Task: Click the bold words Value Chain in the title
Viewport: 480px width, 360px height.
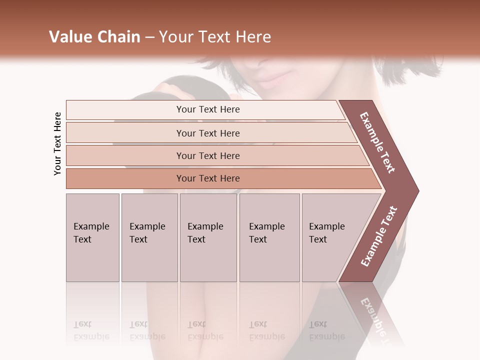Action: point(94,37)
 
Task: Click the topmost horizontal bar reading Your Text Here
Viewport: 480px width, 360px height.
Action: point(207,109)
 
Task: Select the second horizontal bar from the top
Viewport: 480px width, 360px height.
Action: point(207,133)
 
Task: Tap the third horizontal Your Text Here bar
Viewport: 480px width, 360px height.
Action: point(207,155)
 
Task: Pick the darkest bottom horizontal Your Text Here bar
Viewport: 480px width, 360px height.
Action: point(207,178)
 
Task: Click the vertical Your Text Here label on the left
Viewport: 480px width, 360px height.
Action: point(57,143)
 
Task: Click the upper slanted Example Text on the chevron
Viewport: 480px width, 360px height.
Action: point(377,142)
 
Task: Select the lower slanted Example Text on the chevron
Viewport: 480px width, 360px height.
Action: point(379,236)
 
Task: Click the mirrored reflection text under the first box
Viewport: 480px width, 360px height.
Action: point(91,330)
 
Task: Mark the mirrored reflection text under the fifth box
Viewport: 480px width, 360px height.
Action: point(327,330)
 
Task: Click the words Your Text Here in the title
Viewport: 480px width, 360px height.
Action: point(215,37)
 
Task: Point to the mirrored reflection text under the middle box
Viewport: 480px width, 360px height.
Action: point(205,330)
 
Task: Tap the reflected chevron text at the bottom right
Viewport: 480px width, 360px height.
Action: point(376,319)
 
